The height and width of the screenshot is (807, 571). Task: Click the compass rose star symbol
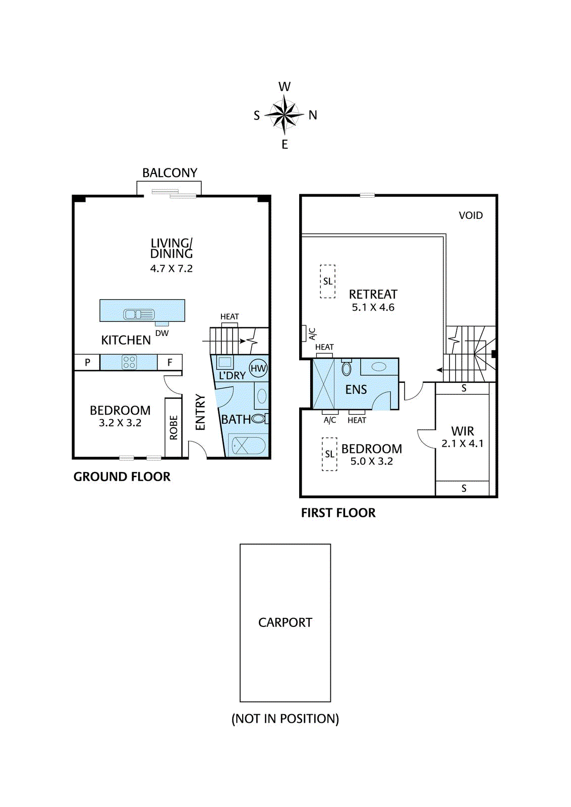[x=284, y=115]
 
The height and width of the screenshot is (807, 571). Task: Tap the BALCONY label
[x=169, y=173]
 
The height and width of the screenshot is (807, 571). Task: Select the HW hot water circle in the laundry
[x=258, y=368]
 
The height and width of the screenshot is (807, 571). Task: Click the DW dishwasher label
[x=162, y=333]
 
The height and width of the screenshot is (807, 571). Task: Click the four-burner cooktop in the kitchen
[x=129, y=362]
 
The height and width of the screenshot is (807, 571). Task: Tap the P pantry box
[x=87, y=363]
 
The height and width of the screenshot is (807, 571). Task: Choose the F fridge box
[x=169, y=363]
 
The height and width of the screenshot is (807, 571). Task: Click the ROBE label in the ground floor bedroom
[x=174, y=428]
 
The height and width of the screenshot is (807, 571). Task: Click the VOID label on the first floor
[x=471, y=215]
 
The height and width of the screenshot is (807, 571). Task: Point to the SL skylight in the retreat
[x=327, y=281]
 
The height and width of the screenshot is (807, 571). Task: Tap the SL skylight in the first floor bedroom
[x=329, y=454]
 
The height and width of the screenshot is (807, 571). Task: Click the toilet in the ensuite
[x=347, y=368]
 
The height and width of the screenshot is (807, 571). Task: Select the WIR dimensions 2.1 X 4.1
[x=463, y=443]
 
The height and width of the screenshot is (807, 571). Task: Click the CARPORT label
[x=285, y=622]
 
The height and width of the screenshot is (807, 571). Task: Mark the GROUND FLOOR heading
[x=122, y=477]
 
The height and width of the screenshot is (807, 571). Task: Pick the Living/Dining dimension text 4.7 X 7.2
[x=172, y=268]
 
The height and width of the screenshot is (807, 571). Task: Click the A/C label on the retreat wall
[x=312, y=333]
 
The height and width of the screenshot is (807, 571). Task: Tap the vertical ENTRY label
[x=200, y=412]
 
